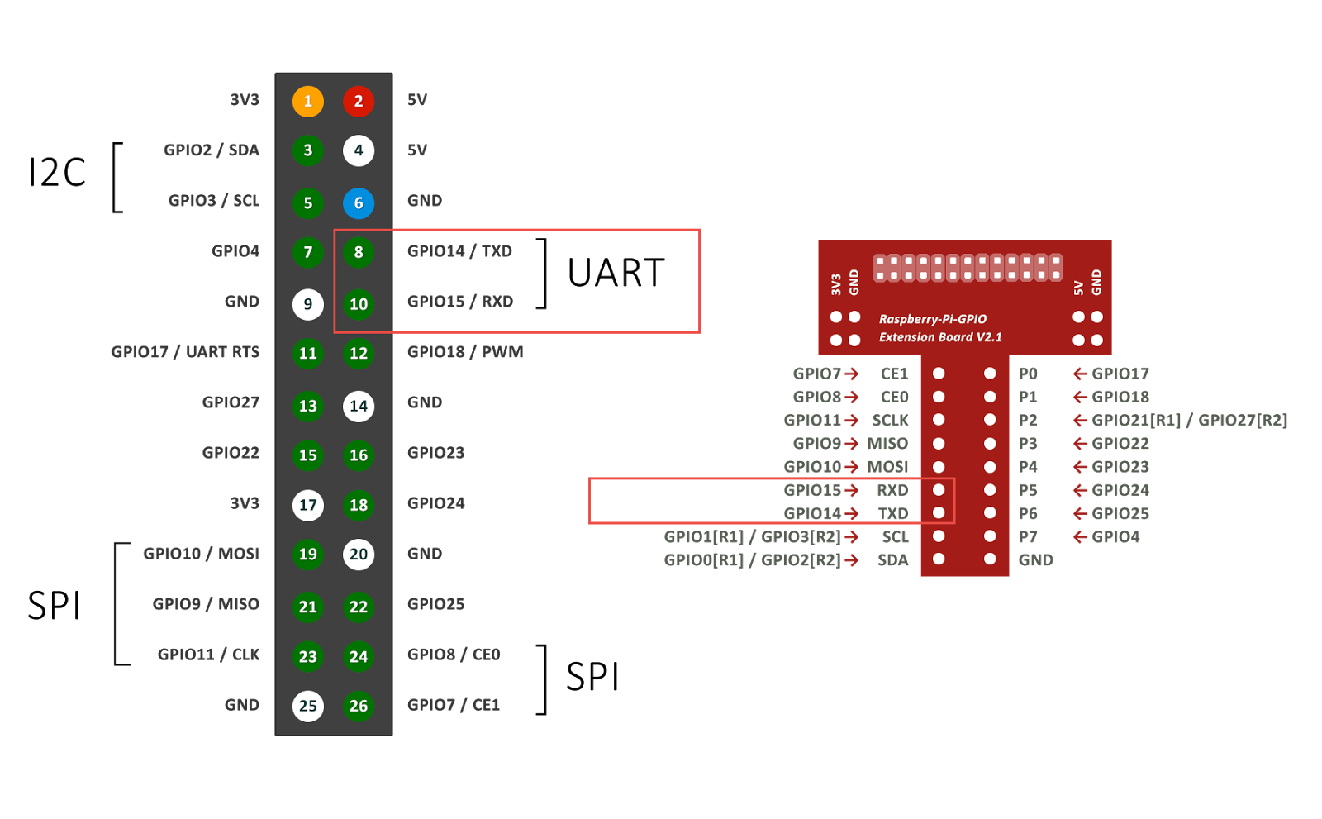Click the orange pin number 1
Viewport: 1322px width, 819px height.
(x=307, y=101)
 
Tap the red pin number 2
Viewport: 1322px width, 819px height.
(x=359, y=101)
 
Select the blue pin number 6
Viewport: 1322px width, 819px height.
(x=359, y=202)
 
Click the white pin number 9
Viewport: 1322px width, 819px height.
(x=307, y=304)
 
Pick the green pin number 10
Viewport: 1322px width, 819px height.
(x=359, y=304)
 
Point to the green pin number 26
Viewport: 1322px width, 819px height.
(x=359, y=706)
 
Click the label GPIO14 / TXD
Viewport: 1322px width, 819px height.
(x=459, y=251)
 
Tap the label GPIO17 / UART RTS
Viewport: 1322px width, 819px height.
(x=185, y=352)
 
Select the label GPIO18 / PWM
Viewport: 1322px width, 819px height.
(x=465, y=352)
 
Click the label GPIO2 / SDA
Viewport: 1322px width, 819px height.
(x=212, y=150)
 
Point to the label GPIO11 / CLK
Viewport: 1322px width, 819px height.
(x=208, y=655)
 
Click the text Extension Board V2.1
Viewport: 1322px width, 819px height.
(x=940, y=337)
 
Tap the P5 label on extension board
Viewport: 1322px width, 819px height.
(x=1028, y=490)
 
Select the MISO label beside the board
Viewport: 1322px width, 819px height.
(x=887, y=444)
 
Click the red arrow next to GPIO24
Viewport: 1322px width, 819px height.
(x=1080, y=490)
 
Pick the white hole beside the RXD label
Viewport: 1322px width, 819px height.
(x=939, y=490)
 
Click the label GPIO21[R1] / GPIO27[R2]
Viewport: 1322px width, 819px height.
(x=1189, y=421)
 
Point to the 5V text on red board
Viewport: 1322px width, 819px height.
(x=1078, y=288)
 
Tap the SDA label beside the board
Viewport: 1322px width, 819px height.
(x=892, y=560)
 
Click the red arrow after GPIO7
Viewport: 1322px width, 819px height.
(x=852, y=374)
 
